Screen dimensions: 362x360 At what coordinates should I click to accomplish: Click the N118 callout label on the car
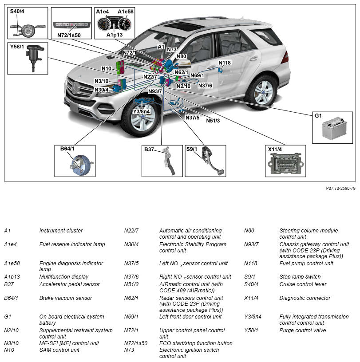pos(225,63)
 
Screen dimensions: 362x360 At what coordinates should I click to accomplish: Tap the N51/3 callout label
pos(213,121)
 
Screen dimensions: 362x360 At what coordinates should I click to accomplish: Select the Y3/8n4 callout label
pos(141,111)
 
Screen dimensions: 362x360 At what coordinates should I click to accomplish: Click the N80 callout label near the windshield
pos(181,56)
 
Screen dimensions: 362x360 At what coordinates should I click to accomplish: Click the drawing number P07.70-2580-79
pos(340,188)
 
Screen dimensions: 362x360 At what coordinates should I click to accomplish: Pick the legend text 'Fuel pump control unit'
pos(306,264)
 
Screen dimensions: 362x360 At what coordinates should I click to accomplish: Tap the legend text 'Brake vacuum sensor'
pos(66,298)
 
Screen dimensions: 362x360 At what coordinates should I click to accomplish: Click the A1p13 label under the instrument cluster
pos(114,34)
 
